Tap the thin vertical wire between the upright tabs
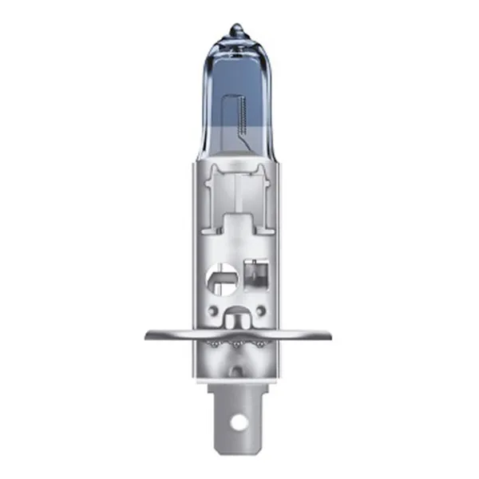(238, 192)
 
